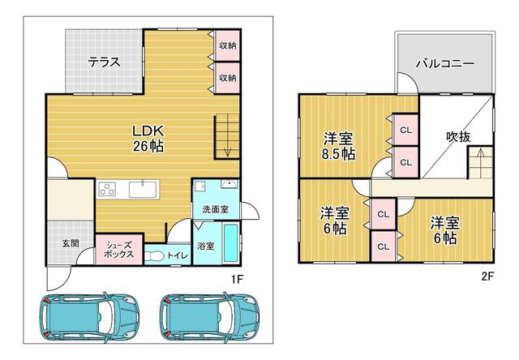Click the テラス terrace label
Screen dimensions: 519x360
(104, 62)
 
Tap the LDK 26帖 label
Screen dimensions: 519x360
(148, 139)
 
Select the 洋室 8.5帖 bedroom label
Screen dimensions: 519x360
(339, 146)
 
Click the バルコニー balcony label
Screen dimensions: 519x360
(445, 63)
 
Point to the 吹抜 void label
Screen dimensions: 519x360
(458, 136)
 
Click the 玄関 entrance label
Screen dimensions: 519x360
(71, 243)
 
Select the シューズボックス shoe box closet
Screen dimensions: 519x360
(119, 249)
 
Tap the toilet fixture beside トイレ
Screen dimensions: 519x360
(153, 256)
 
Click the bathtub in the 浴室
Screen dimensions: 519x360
(230, 242)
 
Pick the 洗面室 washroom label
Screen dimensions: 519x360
(216, 209)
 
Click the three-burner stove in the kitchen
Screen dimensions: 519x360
(106, 189)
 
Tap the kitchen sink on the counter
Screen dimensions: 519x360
(143, 189)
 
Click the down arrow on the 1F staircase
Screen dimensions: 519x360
(227, 148)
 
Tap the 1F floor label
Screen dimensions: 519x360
(237, 280)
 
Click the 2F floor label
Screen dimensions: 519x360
(487, 276)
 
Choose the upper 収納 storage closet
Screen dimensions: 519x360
(227, 45)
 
